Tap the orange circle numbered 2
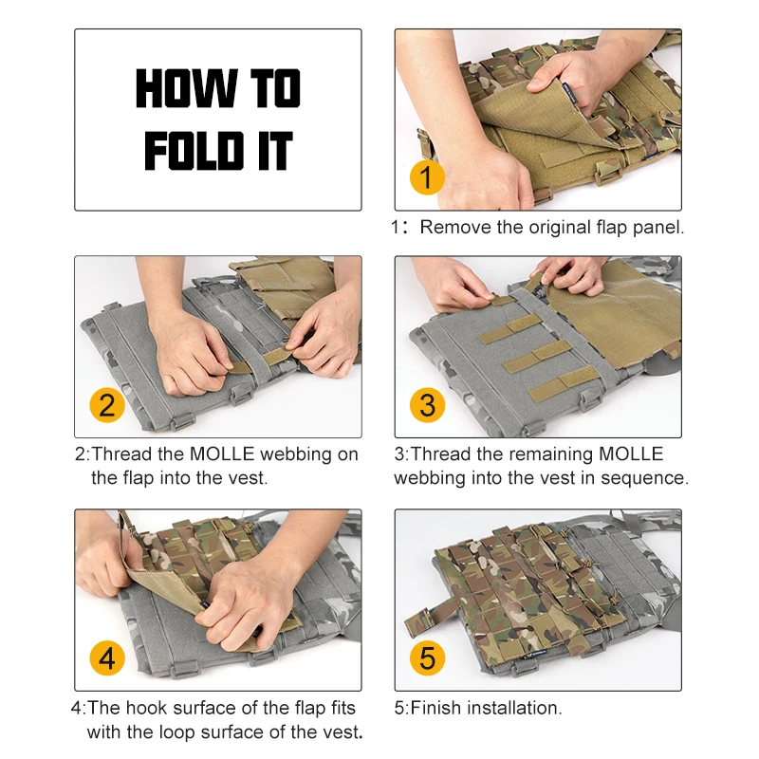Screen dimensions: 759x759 107,405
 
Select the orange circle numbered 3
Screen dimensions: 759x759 427,405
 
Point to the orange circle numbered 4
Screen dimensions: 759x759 107,657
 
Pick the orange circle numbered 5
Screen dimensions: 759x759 427,657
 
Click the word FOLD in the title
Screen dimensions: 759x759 194,151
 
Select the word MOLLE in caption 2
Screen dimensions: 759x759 222,454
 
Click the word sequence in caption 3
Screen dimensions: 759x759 644,478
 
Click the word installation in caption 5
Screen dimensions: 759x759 514,708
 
